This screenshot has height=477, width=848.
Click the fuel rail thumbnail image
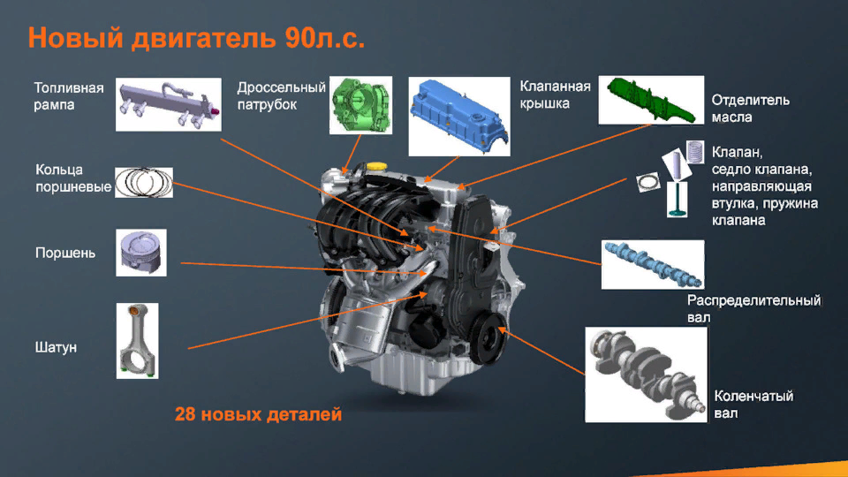coord(168,104)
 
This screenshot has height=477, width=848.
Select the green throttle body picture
coord(360,104)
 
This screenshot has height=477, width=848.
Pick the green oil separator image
coord(652,99)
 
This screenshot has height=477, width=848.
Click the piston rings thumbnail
coord(143,182)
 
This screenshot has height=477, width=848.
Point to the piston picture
coord(140,253)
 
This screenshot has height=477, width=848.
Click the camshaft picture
coord(652,264)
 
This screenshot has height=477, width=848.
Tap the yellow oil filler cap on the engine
coord(379,166)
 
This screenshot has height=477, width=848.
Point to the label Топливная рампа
coord(69,96)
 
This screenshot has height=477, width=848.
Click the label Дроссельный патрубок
coord(281,96)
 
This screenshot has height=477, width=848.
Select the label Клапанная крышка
coord(555,95)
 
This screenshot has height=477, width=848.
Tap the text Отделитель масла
coord(751,108)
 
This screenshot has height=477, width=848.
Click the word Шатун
coord(56,347)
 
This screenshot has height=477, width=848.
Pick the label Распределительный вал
coord(753,308)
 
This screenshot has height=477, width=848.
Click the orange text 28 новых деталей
coord(257,413)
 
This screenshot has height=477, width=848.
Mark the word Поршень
coord(65,254)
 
